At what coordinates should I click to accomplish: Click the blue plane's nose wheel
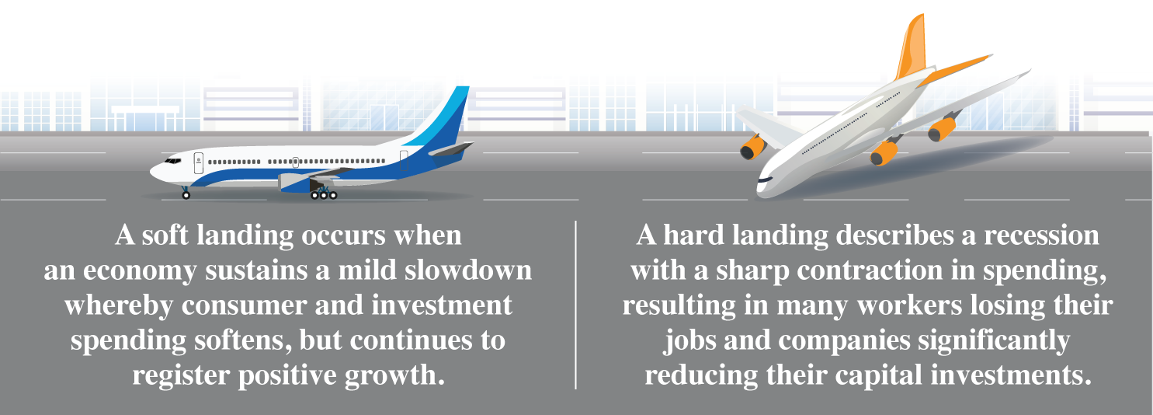click(x=186, y=195)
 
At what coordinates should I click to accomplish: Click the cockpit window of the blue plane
click(x=172, y=161)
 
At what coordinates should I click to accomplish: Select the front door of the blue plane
click(x=199, y=163)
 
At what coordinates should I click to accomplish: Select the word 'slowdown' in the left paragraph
click(x=468, y=270)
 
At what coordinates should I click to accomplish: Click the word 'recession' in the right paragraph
click(x=1041, y=235)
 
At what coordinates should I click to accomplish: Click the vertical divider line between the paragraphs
click(x=575, y=305)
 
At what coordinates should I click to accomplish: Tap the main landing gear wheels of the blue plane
click(x=324, y=195)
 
